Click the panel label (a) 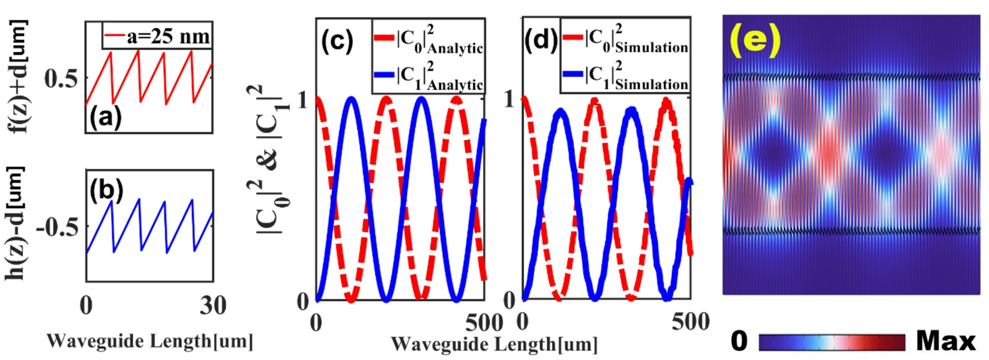(106, 117)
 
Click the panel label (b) (106, 191)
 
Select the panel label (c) (337, 41)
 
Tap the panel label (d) (541, 39)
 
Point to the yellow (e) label (755, 39)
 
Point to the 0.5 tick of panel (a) (62, 79)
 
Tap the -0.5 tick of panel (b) (57, 227)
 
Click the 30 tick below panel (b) (212, 306)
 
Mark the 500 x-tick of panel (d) (690, 322)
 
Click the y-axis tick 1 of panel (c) (303, 99)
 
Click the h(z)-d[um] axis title (16, 224)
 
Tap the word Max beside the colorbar (946, 341)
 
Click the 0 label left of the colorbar (739, 341)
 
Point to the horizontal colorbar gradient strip (831, 342)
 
